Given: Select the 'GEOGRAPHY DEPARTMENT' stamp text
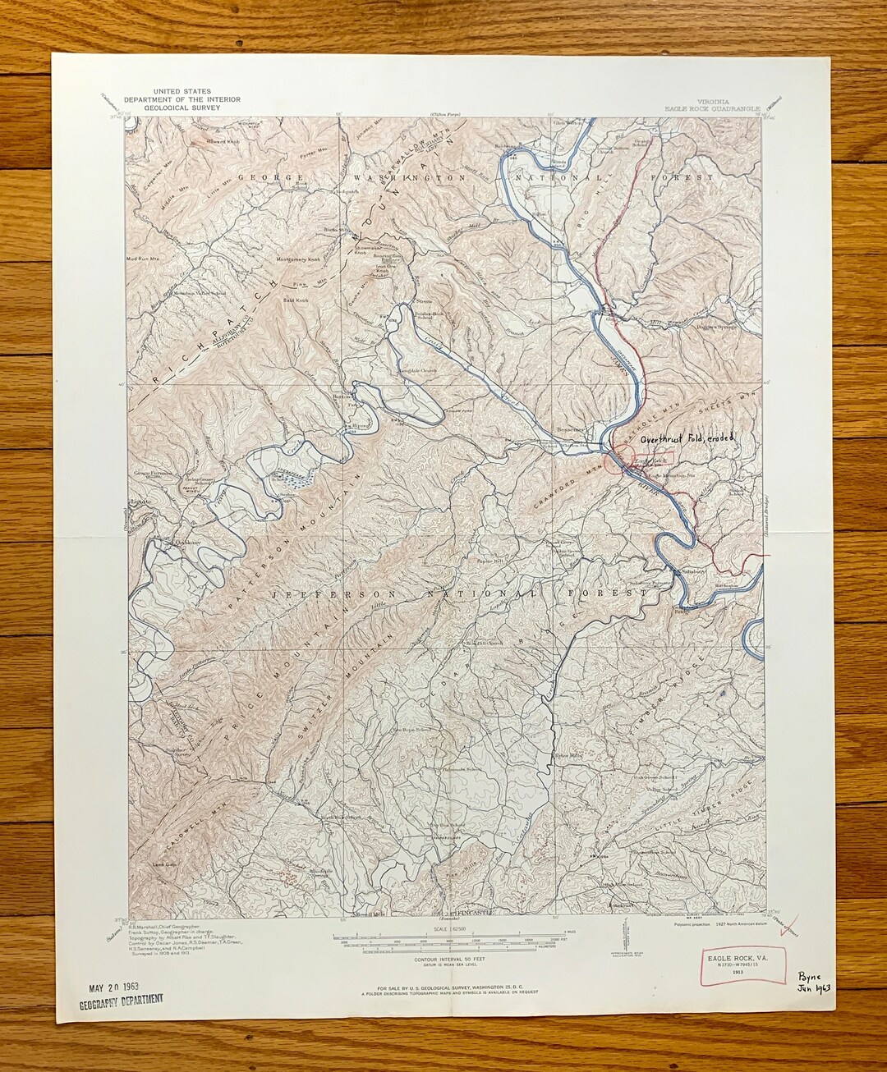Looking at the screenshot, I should pyautogui.click(x=121, y=999).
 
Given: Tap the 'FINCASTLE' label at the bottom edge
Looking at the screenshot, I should pyautogui.click(x=448, y=913).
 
